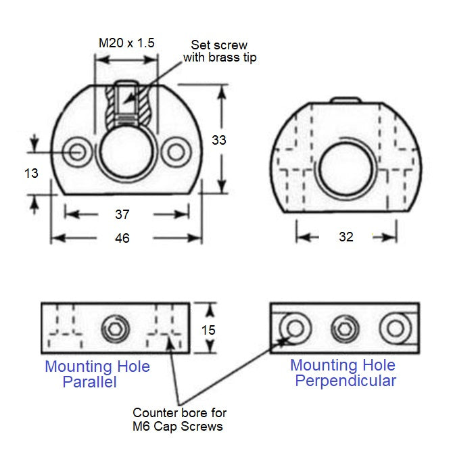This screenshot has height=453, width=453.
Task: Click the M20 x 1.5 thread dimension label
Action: click(126, 43)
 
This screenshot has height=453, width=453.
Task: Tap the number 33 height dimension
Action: click(219, 140)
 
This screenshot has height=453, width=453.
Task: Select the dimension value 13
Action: click(31, 173)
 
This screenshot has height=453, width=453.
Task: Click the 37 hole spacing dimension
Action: click(122, 214)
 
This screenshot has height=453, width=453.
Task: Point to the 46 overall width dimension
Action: click(122, 238)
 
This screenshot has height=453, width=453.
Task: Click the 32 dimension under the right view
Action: click(345, 237)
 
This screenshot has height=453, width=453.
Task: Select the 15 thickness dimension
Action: click(209, 330)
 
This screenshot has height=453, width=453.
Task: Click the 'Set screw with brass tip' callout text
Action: click(220, 51)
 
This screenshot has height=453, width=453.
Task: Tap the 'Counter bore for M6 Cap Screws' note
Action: click(179, 419)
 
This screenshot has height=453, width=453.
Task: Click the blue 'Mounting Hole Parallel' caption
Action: click(97, 374)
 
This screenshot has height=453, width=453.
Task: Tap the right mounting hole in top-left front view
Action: click(176, 151)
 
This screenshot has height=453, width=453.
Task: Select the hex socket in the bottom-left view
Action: click(114, 329)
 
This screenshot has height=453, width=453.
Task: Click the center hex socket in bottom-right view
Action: click(344, 329)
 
